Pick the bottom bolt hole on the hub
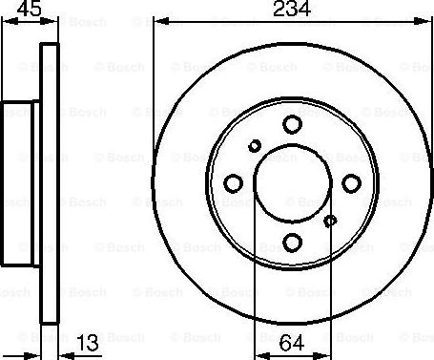click(x=293, y=243)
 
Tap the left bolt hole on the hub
click(x=232, y=183)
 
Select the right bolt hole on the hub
click(x=353, y=182)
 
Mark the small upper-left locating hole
click(x=254, y=145)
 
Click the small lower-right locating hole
click(x=331, y=221)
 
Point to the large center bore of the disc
click(x=293, y=182)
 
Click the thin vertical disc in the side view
click(x=52, y=182)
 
